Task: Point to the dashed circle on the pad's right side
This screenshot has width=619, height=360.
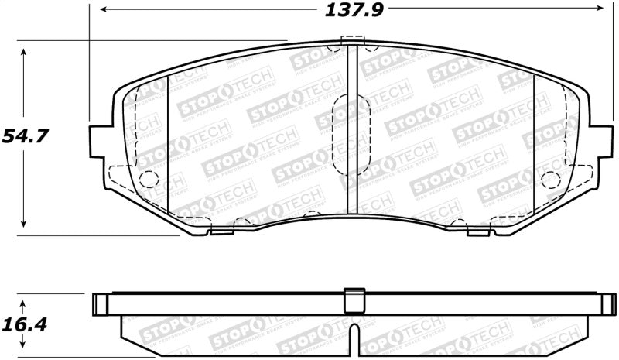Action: (550, 180)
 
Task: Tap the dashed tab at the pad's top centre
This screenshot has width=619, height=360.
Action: (352, 40)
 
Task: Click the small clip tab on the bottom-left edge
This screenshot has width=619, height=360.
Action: (221, 230)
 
